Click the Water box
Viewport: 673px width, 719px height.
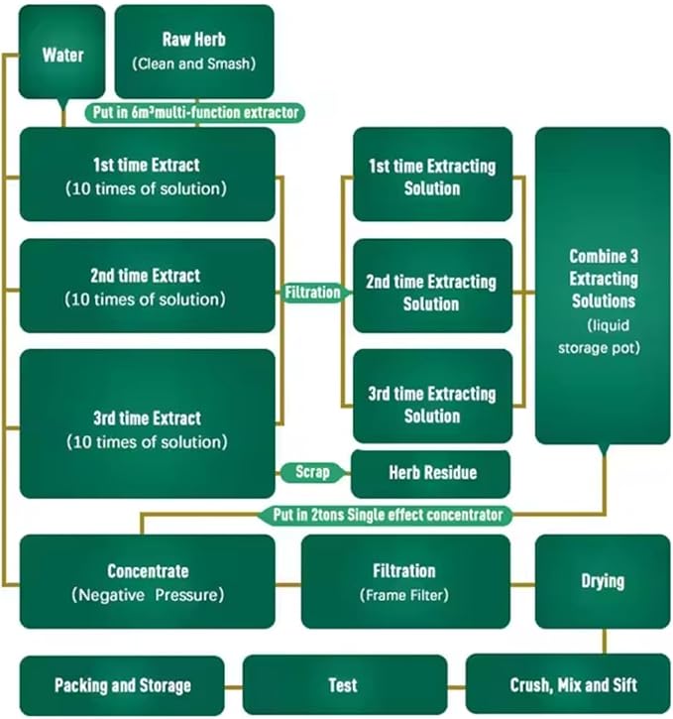pos(61,53)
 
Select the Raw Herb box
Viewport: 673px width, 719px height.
pos(194,50)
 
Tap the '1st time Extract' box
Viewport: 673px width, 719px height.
pos(147,175)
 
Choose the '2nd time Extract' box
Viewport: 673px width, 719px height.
pos(147,286)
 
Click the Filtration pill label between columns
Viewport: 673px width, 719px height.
pos(313,294)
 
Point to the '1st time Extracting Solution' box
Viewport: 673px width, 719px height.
pos(432,175)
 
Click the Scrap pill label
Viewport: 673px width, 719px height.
pos(313,472)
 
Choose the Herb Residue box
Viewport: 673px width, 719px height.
pos(432,473)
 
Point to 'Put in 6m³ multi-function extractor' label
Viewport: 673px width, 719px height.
pos(195,112)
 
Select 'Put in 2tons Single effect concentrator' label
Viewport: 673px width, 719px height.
pos(388,515)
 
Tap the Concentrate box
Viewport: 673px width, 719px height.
pos(147,581)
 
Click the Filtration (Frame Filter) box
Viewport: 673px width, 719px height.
pos(404,581)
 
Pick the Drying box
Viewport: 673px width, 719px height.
pos(603,581)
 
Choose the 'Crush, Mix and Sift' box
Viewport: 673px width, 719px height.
pos(567,685)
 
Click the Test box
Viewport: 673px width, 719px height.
pos(343,685)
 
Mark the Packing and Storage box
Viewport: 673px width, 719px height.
pos(123,685)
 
